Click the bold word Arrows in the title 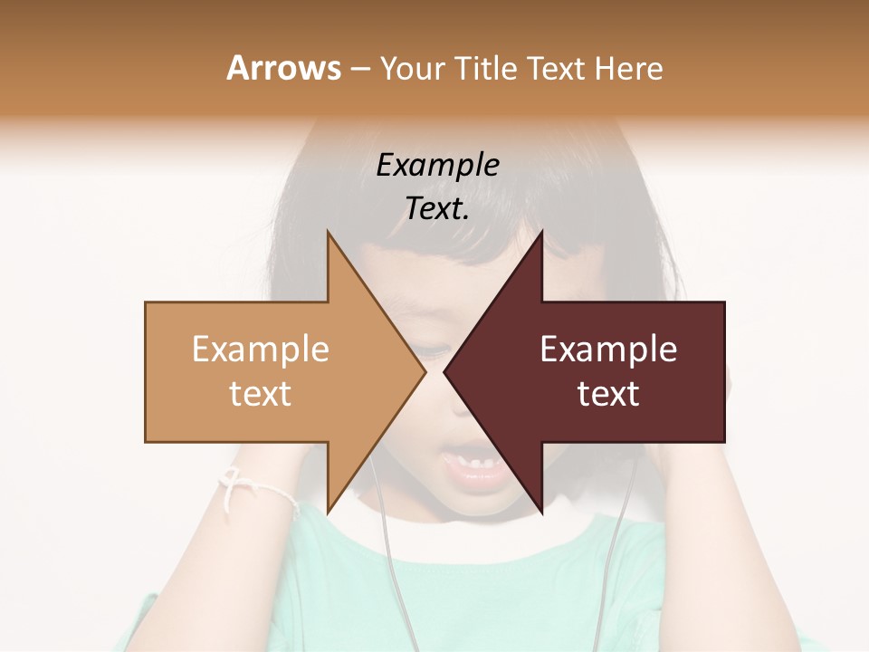[x=282, y=68]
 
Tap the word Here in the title [x=627, y=68]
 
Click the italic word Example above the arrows [x=437, y=166]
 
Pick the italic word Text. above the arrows [x=437, y=209]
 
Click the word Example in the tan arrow [x=261, y=350]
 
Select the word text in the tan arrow [x=261, y=394]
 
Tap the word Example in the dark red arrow [x=608, y=350]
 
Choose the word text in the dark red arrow [x=608, y=394]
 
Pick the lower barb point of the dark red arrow [x=541, y=511]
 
